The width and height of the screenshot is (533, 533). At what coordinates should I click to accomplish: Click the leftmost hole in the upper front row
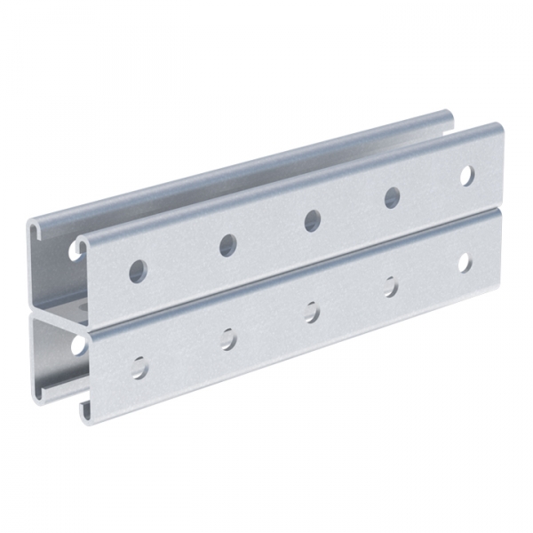click(138, 270)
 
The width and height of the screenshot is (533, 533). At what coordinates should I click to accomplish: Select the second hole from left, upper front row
click(227, 244)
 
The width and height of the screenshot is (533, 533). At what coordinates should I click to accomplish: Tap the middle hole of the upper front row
click(312, 219)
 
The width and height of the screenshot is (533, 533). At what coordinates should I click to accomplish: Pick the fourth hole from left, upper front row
click(392, 197)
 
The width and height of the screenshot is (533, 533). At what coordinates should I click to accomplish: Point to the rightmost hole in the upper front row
click(466, 175)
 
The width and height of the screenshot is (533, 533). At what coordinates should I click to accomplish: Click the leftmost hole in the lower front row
click(139, 365)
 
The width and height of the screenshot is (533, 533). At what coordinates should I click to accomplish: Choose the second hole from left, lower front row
click(228, 338)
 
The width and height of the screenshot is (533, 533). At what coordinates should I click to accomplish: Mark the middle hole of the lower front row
click(312, 311)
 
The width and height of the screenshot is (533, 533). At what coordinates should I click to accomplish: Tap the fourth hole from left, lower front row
click(391, 286)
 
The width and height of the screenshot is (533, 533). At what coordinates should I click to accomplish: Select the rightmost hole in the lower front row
click(465, 262)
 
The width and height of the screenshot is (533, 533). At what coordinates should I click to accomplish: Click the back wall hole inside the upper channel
click(75, 251)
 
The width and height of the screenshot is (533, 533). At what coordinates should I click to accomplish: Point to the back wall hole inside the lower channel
click(77, 343)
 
